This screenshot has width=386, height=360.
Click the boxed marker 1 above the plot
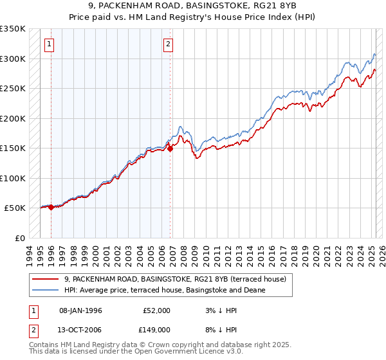pyautogui.click(x=50, y=44)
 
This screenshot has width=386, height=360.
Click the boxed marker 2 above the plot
pyautogui.click(x=167, y=44)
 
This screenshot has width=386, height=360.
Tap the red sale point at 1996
pyautogui.click(x=51, y=207)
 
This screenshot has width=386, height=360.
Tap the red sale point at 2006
pyautogui.click(x=170, y=148)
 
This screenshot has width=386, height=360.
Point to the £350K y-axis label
pyautogui.click(x=13, y=29)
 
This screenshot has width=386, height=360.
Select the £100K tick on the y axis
pyautogui.click(x=13, y=178)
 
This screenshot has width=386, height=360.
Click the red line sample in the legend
pyautogui.click(x=45, y=279)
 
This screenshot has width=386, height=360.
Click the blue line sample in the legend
pyautogui.click(x=45, y=290)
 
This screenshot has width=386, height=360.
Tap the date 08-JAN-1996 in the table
pyautogui.click(x=80, y=310)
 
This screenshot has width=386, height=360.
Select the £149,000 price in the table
pyautogui.click(x=156, y=329)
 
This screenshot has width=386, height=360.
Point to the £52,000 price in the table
pyautogui.click(x=156, y=310)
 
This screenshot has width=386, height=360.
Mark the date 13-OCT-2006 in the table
pyautogui.click(x=80, y=329)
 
